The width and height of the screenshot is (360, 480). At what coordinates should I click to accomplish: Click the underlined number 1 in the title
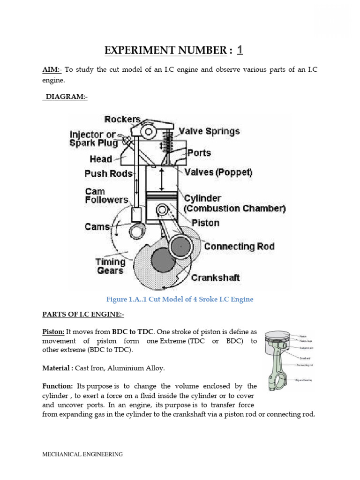(x=240, y=50)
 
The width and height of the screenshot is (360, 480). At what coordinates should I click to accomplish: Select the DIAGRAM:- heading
(x=67, y=97)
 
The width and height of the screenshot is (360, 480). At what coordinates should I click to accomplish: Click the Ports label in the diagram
(x=199, y=152)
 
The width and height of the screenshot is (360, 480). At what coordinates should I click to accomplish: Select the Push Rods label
(x=108, y=173)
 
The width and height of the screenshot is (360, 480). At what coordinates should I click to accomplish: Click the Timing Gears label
(x=111, y=266)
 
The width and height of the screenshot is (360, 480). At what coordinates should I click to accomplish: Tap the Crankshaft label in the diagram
(x=215, y=277)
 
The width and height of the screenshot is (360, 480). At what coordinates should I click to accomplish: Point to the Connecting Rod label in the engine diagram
(x=239, y=246)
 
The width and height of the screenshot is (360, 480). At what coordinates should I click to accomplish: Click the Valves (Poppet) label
(x=218, y=172)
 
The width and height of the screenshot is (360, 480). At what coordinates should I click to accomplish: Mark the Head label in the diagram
(x=101, y=159)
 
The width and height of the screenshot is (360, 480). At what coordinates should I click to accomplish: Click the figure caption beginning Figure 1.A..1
(x=180, y=300)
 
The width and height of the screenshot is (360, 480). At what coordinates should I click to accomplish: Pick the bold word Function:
(x=57, y=386)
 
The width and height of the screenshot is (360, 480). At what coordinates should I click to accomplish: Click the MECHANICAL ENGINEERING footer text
(x=82, y=454)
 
